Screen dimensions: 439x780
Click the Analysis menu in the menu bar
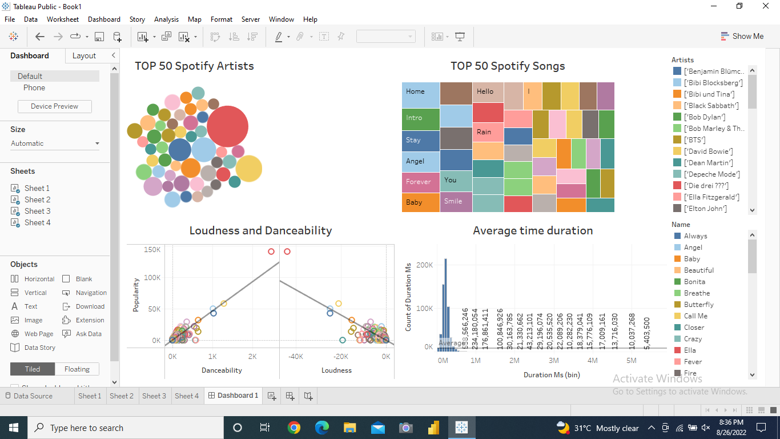166,19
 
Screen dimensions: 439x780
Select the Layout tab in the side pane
84,55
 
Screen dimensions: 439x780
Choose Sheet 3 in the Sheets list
37,211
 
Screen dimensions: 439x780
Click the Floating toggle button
77,369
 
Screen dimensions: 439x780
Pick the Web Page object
39,334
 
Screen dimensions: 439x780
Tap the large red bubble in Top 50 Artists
227,126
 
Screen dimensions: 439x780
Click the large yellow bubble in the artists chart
248,169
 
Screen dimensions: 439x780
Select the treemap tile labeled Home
420,95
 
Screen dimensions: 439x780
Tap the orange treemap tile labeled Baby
420,202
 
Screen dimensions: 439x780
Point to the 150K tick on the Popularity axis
152,250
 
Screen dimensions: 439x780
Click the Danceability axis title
222,370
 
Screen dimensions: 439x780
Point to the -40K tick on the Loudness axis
295,357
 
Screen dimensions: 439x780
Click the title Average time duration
533,230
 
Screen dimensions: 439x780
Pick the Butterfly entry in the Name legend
698,305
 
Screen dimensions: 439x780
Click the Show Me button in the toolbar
742,36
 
